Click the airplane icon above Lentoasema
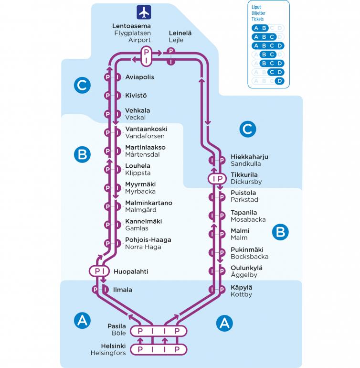click(144, 12)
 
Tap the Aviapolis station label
click(139, 77)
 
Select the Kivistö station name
click(136, 96)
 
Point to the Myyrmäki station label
click(140, 184)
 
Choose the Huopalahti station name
click(131, 271)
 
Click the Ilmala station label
click(123, 290)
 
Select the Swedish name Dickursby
click(246, 182)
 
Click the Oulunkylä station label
click(246, 268)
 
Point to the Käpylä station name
click(241, 287)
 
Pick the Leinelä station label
click(180, 33)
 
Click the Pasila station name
click(116, 326)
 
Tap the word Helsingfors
click(108, 353)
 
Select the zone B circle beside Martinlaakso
click(82, 154)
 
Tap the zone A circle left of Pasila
click(82, 320)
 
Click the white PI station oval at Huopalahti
click(99, 271)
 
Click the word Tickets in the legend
click(258, 19)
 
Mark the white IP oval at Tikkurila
click(216, 179)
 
